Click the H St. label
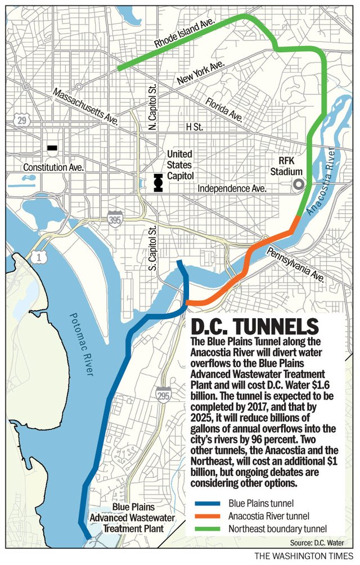[194, 128]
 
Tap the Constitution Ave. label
[53, 168]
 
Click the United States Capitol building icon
[158, 183]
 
